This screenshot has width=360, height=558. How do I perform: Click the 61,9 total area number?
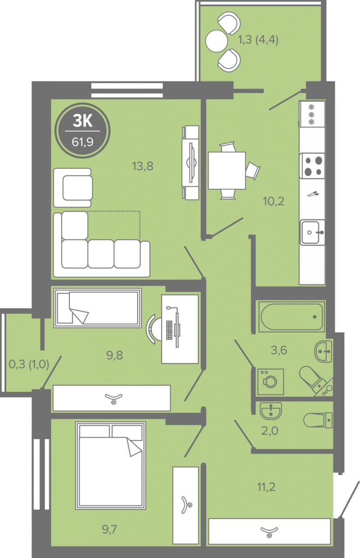[x=82, y=142]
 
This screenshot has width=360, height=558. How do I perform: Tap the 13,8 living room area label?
[x=143, y=166]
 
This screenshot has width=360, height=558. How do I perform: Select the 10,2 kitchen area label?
[x=274, y=201]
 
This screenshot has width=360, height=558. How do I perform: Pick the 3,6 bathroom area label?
[x=279, y=350]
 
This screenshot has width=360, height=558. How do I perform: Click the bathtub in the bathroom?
[x=292, y=317]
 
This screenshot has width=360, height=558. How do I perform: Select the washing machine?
[x=270, y=382]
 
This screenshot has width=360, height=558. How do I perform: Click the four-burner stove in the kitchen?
[x=312, y=166]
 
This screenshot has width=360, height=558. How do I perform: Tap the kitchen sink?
[x=312, y=232]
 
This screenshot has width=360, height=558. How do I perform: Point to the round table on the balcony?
[x=216, y=41]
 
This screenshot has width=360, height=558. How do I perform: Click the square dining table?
[x=227, y=171]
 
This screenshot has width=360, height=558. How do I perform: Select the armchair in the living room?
[x=73, y=188]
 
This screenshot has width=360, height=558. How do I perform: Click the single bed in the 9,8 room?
[x=98, y=308]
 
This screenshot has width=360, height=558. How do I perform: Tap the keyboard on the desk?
[x=169, y=330]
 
